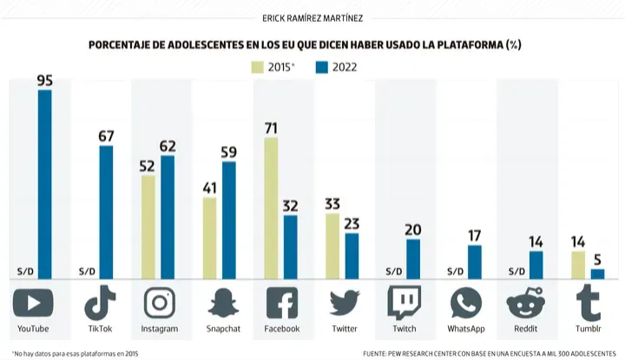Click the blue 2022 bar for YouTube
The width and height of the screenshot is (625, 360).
44,185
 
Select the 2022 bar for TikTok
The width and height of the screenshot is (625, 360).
106,213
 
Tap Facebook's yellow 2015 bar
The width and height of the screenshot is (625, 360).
271,208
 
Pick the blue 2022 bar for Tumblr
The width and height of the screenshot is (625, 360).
597,274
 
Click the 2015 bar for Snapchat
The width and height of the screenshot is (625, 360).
210,239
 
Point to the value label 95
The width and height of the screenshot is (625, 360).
44,81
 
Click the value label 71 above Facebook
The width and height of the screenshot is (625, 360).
271,128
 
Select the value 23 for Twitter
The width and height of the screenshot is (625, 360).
352,224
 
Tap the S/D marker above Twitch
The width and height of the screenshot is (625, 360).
394,272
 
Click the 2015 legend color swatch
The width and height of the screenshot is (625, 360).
257,68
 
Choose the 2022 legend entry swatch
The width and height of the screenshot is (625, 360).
322,68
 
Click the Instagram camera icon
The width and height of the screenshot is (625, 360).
160,303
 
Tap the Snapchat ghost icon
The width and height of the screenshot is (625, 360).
223,304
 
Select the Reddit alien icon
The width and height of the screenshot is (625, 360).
526,304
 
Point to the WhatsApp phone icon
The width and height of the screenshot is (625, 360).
466,304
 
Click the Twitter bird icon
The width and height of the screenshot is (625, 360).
345,304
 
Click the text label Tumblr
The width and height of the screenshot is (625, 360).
589,329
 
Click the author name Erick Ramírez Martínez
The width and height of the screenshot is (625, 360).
312,18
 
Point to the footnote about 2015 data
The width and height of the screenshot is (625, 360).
76,354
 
